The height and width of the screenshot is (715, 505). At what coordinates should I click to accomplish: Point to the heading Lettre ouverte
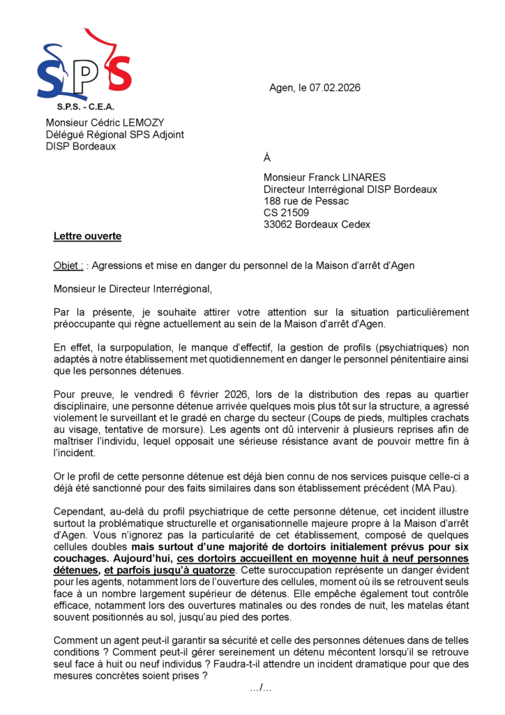point(87,236)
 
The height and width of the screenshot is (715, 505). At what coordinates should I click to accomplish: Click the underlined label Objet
point(68,265)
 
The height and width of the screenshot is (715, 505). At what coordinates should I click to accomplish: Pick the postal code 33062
point(278,224)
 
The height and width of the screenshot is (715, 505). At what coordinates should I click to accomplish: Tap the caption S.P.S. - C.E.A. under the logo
point(85,107)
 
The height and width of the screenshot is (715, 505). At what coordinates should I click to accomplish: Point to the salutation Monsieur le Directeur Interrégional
point(132,288)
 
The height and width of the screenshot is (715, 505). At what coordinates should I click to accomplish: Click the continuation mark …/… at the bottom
point(261,688)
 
